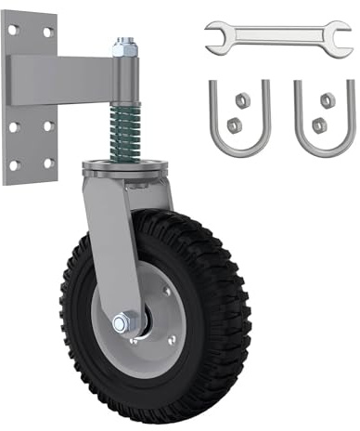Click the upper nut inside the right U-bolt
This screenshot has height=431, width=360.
(x=328, y=99)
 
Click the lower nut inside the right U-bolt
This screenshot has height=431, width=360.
(x=319, y=124)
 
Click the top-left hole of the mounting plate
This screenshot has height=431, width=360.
(x=14, y=30)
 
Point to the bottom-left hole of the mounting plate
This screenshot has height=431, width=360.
(x=14, y=164)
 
